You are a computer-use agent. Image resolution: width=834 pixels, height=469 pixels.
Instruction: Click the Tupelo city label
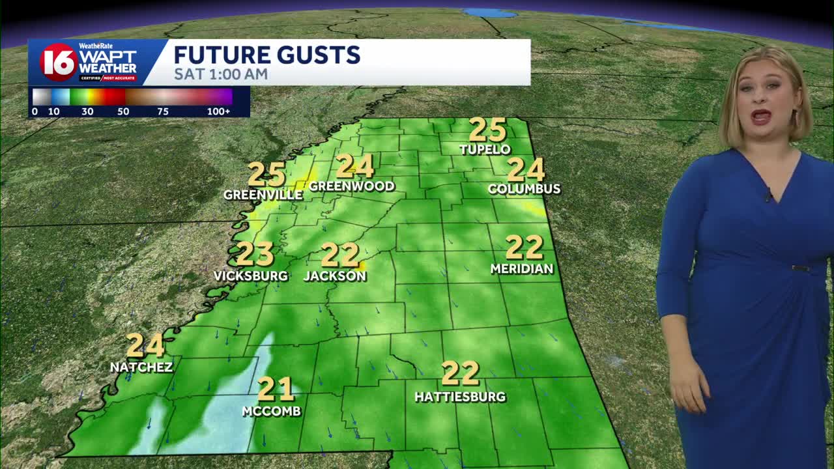tap(484, 149)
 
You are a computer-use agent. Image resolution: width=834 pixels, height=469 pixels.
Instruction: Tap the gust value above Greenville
tap(266, 175)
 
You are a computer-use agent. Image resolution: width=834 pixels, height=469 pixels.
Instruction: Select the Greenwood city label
tap(352, 186)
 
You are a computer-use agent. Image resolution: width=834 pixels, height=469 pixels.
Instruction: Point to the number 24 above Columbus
tap(525, 169)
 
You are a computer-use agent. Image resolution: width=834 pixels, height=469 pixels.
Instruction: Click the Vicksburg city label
tap(251, 276)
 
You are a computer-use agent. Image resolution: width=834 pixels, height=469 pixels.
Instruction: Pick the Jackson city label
tap(335, 276)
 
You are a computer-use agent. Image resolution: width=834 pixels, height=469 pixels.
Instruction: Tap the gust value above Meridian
tap(524, 248)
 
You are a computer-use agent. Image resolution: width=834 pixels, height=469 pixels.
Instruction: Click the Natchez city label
tap(141, 367)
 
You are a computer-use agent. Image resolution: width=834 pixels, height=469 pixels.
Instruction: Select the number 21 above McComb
tap(276, 389)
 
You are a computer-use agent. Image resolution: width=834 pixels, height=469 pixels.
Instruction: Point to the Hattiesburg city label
tap(460, 396)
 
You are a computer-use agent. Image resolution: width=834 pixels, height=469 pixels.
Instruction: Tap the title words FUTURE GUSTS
tap(267, 55)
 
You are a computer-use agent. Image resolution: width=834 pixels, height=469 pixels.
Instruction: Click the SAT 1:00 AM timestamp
tap(221, 74)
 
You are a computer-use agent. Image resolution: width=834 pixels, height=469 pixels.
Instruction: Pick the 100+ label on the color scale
tap(218, 111)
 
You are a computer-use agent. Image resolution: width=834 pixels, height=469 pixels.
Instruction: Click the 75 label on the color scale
tap(163, 111)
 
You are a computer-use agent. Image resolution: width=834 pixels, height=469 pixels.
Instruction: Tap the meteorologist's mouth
tap(761, 117)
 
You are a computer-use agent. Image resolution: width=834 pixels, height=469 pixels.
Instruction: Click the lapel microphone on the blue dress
tap(769, 194)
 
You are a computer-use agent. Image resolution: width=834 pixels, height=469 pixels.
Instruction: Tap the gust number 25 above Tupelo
tap(487, 129)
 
